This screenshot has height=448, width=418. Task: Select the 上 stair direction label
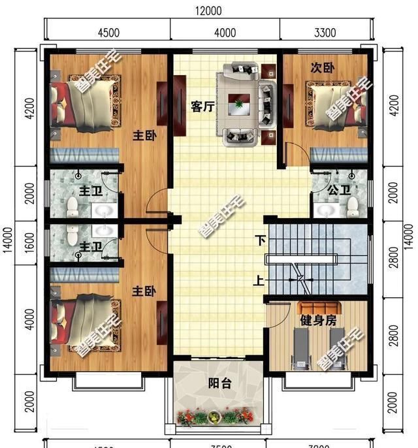pyautogui.click(x=260, y=281)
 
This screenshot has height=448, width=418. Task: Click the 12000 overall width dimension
pyautogui.click(x=208, y=10)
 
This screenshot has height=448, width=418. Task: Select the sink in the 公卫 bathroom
pyautogui.click(x=325, y=209)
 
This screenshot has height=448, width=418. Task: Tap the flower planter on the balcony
pyautogui.click(x=216, y=415)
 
